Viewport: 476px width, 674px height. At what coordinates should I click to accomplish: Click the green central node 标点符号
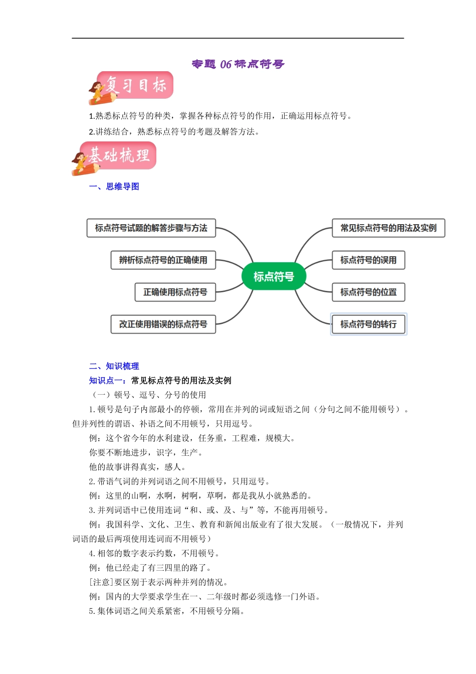pos(273,276)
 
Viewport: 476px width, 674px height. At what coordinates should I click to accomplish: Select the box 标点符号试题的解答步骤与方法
pos(151,228)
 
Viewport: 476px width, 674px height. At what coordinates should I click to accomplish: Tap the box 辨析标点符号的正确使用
pos(163,260)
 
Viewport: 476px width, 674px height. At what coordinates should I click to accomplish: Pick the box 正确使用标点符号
pos(175,292)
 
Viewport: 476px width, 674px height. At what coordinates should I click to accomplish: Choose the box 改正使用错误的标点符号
pos(163,324)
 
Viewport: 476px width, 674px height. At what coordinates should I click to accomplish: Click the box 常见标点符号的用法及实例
pos(388,228)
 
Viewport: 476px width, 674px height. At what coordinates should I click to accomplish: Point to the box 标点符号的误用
pos(368,260)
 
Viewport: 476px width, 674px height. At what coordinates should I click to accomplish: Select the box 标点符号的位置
pos(368,292)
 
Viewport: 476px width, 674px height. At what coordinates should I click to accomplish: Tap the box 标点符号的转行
pos(368,324)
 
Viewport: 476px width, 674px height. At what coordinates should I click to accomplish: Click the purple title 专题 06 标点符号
pos(238,64)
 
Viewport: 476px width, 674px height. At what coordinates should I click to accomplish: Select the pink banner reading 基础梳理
pos(120,155)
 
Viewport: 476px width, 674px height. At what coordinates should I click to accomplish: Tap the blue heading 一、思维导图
pos(114,187)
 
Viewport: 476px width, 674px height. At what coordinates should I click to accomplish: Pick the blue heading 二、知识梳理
pos(114,366)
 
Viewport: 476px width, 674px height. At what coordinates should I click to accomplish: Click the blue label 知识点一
pos(108,381)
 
